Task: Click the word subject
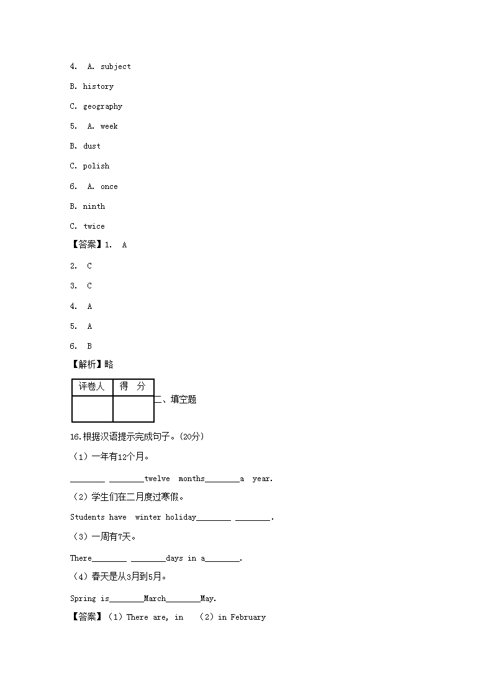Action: [115, 67]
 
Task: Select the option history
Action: [98, 86]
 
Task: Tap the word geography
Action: [102, 106]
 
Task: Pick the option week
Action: [109, 126]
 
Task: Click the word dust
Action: [91, 146]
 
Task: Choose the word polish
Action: [96, 166]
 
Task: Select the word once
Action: [109, 186]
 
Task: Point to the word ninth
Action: [94, 206]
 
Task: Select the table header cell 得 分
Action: [133, 387]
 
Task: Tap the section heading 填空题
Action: [183, 400]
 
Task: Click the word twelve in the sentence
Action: [157, 479]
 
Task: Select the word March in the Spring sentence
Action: [155, 599]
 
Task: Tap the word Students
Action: [88, 517]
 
